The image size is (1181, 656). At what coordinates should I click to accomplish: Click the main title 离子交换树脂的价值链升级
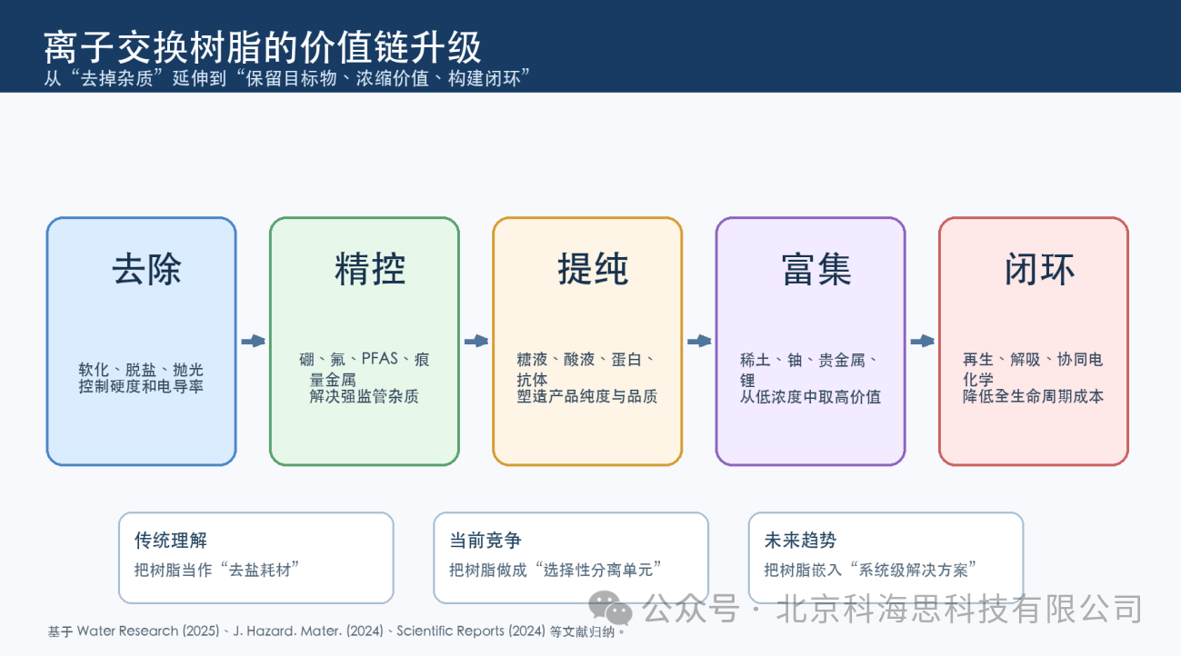tap(262, 47)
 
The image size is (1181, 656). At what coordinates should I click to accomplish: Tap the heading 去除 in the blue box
tap(146, 269)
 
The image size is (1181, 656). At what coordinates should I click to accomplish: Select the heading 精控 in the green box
tap(370, 269)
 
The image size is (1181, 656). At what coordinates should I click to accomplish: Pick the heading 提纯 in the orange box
tap(593, 269)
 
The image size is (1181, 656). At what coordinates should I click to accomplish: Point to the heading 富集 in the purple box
tap(816, 269)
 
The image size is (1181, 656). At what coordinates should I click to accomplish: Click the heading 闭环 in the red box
tap(1039, 269)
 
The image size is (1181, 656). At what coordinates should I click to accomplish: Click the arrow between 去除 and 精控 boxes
tap(253, 341)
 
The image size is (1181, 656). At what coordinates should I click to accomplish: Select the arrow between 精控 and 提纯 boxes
tap(476, 341)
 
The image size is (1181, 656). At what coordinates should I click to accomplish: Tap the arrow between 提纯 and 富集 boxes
tap(699, 341)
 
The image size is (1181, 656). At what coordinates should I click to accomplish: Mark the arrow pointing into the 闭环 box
tap(922, 341)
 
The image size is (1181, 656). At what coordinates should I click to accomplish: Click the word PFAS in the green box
tap(380, 359)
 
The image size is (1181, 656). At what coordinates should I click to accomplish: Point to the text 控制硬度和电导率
tap(141, 387)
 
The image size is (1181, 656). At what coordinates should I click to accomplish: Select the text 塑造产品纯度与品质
tap(586, 396)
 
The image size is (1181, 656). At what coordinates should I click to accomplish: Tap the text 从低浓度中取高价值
tap(810, 397)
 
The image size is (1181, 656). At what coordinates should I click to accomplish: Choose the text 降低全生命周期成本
tap(1033, 396)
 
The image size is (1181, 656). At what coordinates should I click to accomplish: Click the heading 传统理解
tap(171, 540)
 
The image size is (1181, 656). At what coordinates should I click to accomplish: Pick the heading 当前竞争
tap(485, 540)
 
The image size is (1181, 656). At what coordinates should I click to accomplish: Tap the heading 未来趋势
tap(800, 540)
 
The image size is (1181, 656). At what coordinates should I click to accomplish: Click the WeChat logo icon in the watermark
tap(610, 608)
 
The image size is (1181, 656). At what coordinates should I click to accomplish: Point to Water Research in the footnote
tap(127, 631)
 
